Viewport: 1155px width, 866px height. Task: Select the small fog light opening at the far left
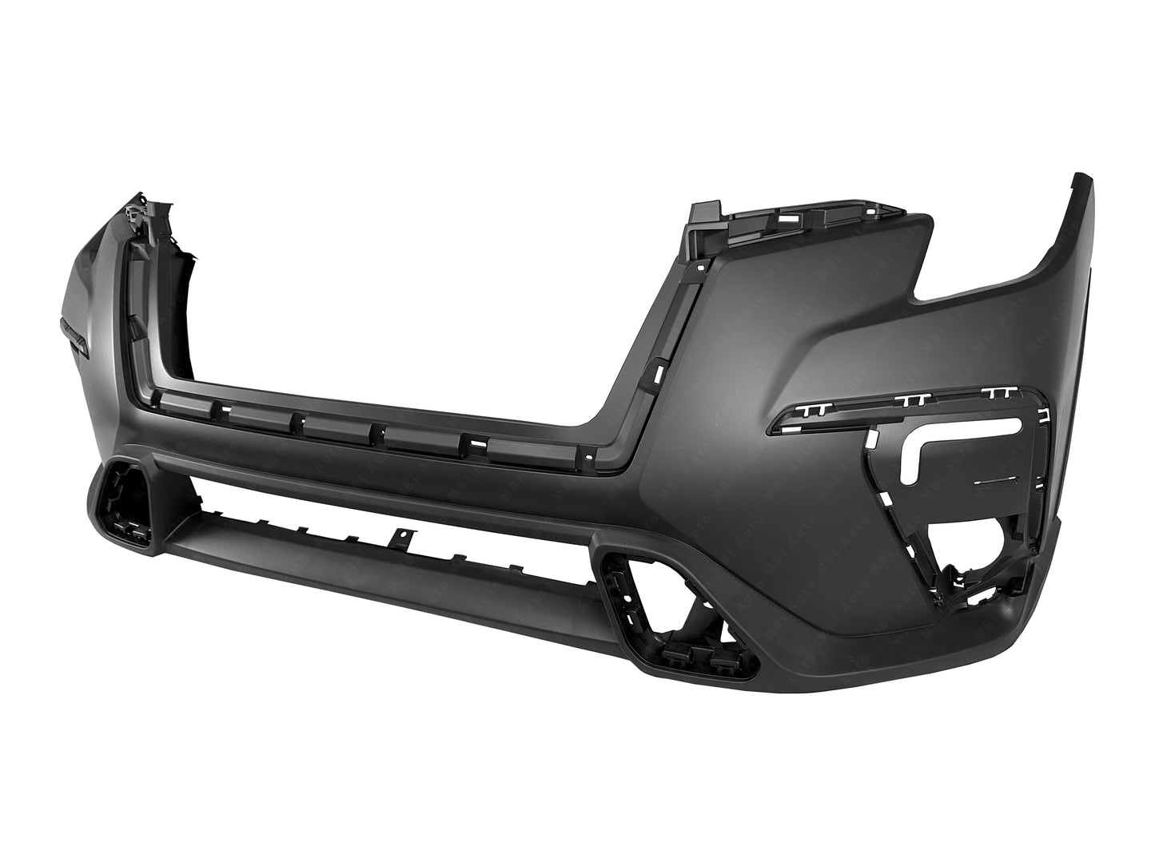pyautogui.click(x=121, y=503)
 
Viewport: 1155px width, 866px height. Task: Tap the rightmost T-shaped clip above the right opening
pyautogui.click(x=999, y=391)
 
